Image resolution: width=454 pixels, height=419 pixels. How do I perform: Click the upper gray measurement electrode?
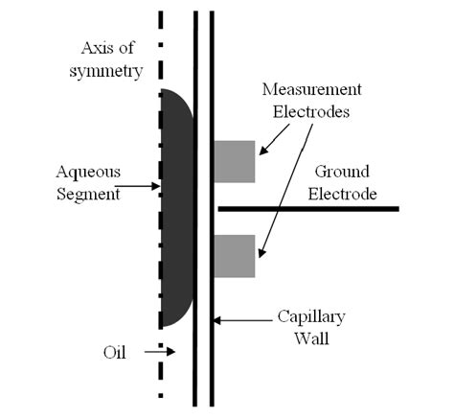pos(234,161)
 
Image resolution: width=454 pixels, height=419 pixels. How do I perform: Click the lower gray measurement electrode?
pos(234,256)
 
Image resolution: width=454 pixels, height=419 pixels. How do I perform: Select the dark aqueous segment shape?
pos(175,206)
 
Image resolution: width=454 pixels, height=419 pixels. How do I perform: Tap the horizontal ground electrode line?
pos(306,208)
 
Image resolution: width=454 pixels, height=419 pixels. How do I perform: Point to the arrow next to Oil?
pos(158,352)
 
